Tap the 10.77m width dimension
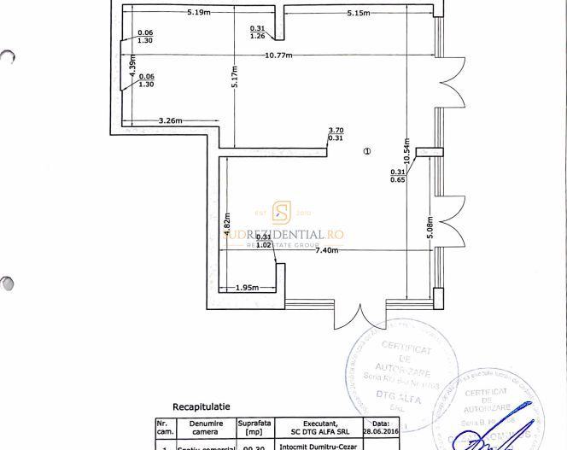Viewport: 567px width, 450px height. [279, 56]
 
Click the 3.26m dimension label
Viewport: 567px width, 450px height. [171, 121]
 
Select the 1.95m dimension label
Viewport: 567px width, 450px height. [247, 288]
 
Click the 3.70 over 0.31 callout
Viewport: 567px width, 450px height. [336, 134]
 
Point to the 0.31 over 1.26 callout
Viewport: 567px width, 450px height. [258, 32]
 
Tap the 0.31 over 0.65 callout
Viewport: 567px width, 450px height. [398, 176]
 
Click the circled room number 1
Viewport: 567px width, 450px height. [367, 151]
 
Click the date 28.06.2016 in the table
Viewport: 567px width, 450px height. [381, 432]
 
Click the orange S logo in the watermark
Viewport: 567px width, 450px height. [282, 213]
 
